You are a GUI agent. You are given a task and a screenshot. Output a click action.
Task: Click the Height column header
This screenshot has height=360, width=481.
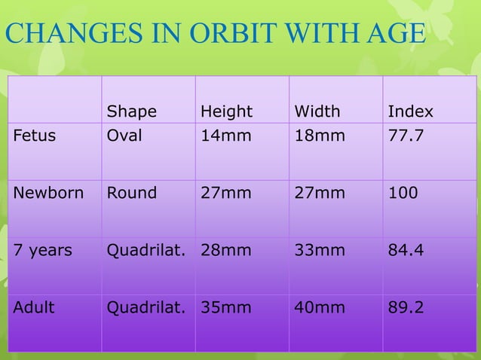(226, 112)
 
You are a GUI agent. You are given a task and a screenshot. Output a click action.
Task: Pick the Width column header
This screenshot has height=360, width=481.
(317, 112)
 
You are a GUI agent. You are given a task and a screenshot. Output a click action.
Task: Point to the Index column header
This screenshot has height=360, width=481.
(410, 112)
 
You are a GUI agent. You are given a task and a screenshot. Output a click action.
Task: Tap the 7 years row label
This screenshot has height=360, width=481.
(42, 249)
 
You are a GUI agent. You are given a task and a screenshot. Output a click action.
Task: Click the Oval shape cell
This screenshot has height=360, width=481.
(124, 136)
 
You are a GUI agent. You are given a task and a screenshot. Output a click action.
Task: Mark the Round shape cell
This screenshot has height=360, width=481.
(132, 192)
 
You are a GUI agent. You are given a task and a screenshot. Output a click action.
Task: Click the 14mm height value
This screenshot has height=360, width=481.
(221, 136)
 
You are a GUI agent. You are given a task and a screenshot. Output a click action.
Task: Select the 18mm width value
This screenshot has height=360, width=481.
(314, 136)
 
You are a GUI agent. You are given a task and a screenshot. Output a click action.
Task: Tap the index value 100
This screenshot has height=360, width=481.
(400, 192)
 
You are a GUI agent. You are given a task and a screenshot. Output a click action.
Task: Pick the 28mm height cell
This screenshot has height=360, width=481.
(225, 249)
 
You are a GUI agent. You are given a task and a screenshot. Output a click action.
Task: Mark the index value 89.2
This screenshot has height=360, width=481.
(405, 307)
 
